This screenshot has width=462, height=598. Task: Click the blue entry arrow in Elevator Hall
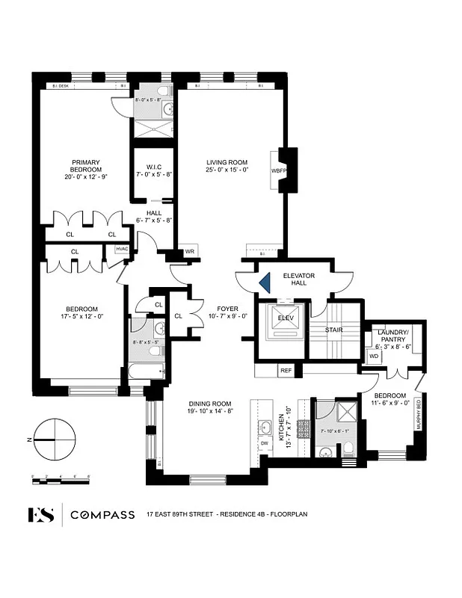pyautogui.click(x=264, y=282)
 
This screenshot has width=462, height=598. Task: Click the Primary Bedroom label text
pyautogui.click(x=86, y=166)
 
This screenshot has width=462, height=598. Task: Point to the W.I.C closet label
pyautogui.click(x=154, y=171)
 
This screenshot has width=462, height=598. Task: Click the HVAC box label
pyautogui.click(x=121, y=249)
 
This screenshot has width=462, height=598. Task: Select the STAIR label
pyautogui.click(x=333, y=329)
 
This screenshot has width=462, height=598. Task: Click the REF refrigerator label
pyautogui.click(x=286, y=369)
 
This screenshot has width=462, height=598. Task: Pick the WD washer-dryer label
pyautogui.click(x=374, y=356)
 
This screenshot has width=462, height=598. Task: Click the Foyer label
pyautogui.click(x=227, y=312)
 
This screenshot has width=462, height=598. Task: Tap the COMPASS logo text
pyautogui.click(x=102, y=514)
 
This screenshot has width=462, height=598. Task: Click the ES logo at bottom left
pyautogui.click(x=42, y=514)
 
